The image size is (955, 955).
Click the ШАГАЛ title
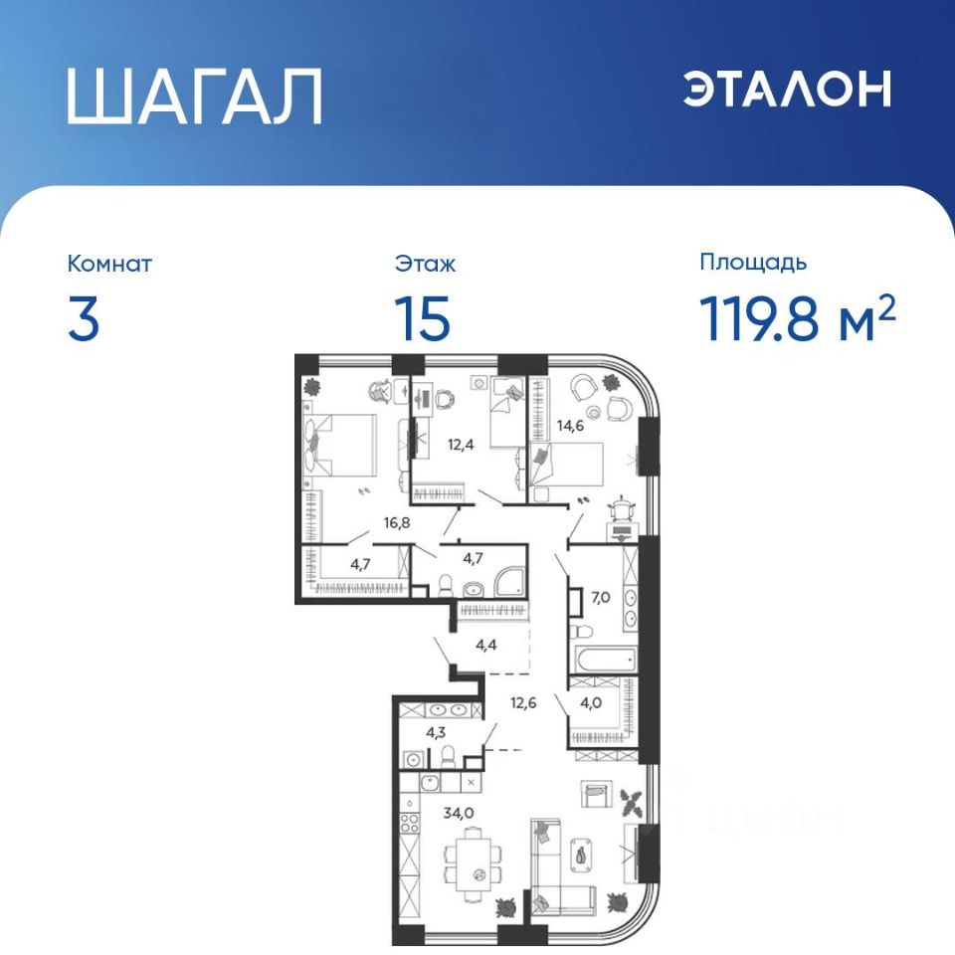coord(194,96)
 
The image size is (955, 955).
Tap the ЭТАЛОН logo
coord(787,89)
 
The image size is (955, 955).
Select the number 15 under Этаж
coord(423,318)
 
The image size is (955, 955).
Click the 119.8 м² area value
coord(797,317)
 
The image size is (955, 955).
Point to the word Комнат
coord(109,264)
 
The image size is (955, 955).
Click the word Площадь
coord(753,262)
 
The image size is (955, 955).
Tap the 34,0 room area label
coord(459,813)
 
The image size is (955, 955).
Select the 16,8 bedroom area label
coord(397,522)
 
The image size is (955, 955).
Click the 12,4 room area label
coord(461,444)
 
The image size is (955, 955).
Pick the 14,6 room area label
coord(570,425)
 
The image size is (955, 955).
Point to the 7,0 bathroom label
coord(601,598)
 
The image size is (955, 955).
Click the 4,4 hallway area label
coord(486,645)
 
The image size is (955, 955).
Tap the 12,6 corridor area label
coord(523,703)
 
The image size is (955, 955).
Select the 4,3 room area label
coord(436,733)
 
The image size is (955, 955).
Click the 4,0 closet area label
coord(591,703)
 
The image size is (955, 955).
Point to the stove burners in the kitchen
coord(409,824)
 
